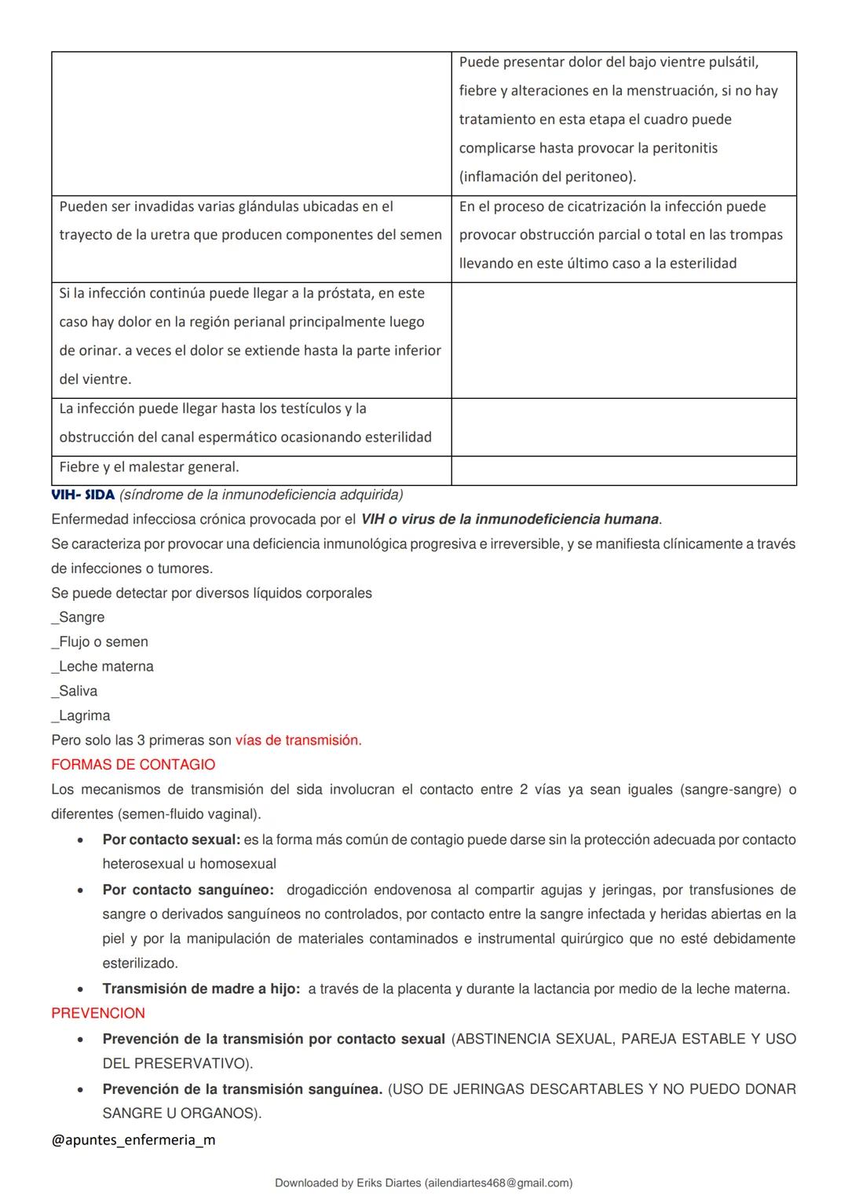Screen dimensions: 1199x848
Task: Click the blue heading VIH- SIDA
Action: [82, 495]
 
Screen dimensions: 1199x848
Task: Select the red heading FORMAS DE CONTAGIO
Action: [133, 765]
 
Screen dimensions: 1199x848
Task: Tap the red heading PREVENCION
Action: [98, 1014]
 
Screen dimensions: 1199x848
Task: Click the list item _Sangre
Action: [78, 618]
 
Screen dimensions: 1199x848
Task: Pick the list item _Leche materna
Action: [102, 667]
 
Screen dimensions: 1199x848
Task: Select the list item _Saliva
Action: [75, 691]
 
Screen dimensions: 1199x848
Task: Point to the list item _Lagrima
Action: [81, 716]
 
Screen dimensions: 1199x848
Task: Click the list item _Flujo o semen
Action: [100, 642]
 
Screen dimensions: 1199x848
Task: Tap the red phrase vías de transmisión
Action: [298, 740]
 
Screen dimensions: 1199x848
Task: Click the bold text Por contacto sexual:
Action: [171, 840]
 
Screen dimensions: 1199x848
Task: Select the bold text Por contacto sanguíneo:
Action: [188, 890]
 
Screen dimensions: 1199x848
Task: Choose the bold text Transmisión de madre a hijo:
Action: [201, 989]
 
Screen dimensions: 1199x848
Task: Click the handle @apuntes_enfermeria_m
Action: [133, 1140]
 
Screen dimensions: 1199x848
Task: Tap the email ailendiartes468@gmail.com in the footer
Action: [496, 1183]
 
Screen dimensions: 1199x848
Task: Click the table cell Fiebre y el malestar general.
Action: [149, 467]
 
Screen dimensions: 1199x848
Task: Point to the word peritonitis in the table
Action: [678, 148]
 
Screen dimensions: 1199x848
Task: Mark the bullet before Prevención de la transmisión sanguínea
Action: [80, 1090]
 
